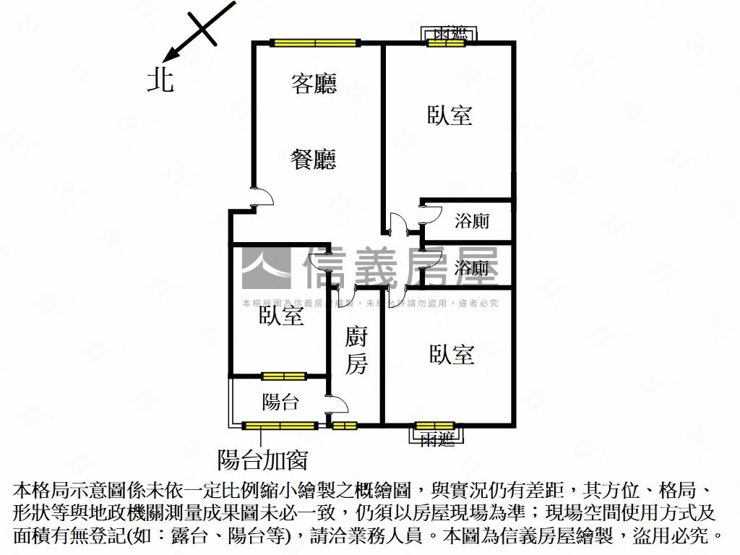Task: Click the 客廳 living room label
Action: (x=314, y=85)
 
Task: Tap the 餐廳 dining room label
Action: (x=314, y=158)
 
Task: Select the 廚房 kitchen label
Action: (x=356, y=350)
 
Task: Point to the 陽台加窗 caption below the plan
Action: (x=263, y=459)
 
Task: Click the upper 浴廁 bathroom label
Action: (x=472, y=221)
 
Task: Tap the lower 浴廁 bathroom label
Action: (x=472, y=268)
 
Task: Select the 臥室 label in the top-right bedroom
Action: (x=449, y=115)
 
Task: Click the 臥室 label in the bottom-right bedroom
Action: (x=452, y=354)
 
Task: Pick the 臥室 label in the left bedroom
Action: (x=281, y=315)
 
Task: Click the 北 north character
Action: (x=160, y=79)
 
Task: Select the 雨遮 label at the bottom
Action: (x=437, y=438)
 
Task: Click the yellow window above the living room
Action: (x=315, y=43)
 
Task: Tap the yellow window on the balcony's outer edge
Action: (x=280, y=425)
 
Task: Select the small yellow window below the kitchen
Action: (x=345, y=425)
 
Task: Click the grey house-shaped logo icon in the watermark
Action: (x=266, y=268)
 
